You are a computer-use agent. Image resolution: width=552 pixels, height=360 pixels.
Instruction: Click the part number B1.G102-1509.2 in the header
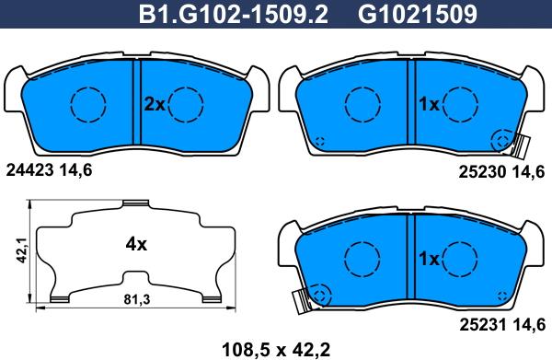[233, 15]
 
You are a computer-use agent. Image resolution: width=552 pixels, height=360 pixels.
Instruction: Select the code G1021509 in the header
[418, 15]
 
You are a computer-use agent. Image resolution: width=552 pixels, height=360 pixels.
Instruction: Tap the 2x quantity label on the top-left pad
[155, 104]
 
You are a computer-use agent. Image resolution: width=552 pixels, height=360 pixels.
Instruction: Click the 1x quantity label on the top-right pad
[429, 104]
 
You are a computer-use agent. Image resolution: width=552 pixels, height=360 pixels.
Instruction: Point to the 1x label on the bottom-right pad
[429, 260]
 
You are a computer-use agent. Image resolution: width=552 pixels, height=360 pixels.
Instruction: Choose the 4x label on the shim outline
[136, 244]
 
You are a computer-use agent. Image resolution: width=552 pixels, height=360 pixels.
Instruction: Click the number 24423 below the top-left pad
[30, 170]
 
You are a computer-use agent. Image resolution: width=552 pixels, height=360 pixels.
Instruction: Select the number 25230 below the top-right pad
[483, 172]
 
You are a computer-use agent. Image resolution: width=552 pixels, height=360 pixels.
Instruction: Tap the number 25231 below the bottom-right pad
[483, 324]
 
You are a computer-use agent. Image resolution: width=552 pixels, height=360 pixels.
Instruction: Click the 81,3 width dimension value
[137, 299]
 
